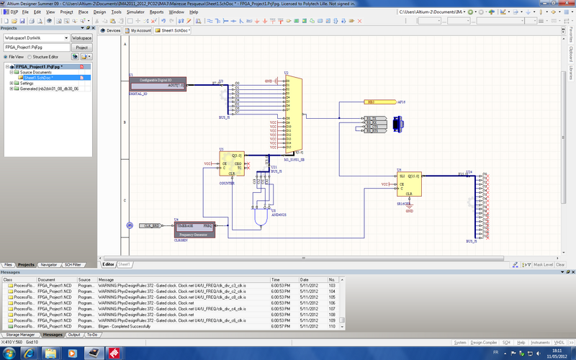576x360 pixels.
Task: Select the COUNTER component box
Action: click(x=232, y=164)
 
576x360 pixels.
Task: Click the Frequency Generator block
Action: click(x=194, y=229)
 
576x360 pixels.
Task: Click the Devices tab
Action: click(x=111, y=31)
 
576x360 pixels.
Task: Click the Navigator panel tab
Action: click(x=49, y=265)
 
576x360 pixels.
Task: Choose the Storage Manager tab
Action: click(x=20, y=335)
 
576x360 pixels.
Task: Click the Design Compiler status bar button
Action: click(x=484, y=342)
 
